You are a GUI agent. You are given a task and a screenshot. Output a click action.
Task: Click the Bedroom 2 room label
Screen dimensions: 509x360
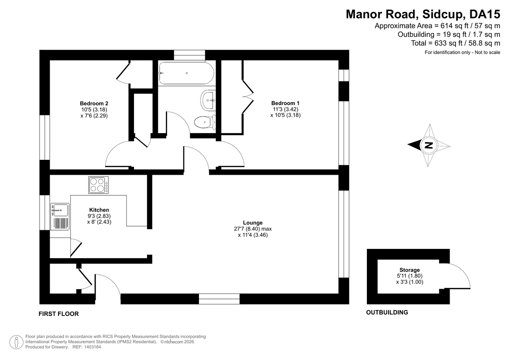(94, 103)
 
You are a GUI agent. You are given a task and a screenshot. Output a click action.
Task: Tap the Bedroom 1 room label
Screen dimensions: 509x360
(285, 103)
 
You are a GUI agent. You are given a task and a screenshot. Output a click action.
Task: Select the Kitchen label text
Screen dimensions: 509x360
(99, 210)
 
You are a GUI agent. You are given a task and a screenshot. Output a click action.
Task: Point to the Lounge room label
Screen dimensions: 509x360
(253, 223)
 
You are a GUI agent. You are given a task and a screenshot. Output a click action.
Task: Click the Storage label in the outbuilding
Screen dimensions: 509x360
(410, 270)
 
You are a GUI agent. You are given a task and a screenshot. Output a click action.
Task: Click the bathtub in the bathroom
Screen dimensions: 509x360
(186, 73)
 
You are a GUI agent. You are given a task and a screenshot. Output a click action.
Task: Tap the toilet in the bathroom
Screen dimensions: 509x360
(205, 122)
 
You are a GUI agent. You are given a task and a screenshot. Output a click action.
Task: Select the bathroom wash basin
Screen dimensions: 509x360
(208, 100)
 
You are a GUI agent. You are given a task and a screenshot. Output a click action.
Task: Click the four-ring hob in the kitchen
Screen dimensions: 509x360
(98, 185)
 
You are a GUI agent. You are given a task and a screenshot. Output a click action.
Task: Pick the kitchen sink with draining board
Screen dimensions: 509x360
(60, 216)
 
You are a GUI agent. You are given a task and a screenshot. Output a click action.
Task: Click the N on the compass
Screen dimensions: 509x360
(429, 145)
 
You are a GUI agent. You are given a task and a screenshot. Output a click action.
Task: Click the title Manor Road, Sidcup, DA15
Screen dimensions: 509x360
(423, 14)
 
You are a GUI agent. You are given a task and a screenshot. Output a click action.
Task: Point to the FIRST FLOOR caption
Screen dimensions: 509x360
(59, 314)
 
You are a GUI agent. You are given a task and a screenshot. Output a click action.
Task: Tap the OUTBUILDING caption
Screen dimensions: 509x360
(387, 313)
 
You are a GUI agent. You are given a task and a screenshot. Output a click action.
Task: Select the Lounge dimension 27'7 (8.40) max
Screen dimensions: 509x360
(253, 229)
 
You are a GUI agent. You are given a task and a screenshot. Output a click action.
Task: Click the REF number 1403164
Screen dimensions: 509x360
(92, 347)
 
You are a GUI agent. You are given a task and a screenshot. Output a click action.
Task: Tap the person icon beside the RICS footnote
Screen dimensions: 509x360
(17, 342)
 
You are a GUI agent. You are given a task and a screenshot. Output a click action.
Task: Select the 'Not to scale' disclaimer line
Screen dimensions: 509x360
(462, 52)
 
